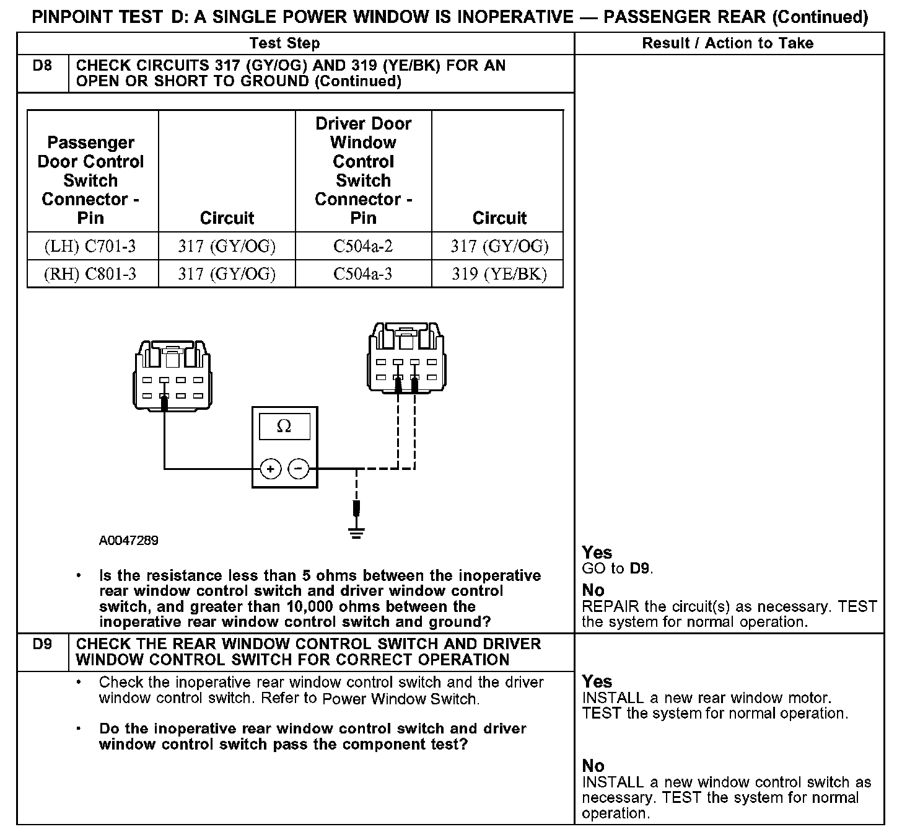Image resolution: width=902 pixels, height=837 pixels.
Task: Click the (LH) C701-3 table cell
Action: [x=90, y=247]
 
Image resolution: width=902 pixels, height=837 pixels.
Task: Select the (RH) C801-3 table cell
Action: [x=90, y=274]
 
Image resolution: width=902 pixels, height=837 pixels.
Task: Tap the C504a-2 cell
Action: [x=363, y=247]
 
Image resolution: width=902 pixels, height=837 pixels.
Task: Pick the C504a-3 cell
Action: [x=363, y=274]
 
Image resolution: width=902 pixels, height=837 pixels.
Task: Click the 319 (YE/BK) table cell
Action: [x=499, y=274]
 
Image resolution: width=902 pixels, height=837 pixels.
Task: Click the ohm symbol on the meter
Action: [x=284, y=427]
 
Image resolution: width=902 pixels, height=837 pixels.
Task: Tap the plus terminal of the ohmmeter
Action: [x=270, y=469]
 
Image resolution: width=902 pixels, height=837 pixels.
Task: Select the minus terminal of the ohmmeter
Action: [x=299, y=469]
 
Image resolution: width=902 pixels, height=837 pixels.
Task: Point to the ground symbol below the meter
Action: [x=356, y=532]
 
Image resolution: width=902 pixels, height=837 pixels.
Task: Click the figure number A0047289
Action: [x=128, y=541]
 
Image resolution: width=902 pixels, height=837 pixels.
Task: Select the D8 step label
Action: [x=42, y=65]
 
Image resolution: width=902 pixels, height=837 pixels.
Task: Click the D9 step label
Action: [x=42, y=644]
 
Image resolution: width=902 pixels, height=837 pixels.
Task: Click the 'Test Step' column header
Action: [x=284, y=43]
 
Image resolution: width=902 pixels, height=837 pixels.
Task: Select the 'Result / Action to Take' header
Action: [x=728, y=43]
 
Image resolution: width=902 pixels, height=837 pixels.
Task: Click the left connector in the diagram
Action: [x=172, y=375]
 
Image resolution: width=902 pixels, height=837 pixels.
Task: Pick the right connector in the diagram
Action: [x=406, y=356]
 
